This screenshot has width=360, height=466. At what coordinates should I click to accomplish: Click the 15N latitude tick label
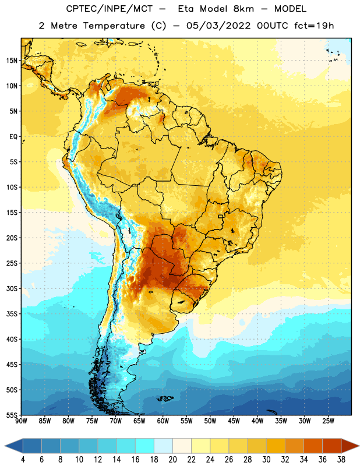tap(12, 61)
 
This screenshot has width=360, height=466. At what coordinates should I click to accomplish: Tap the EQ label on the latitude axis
tap(13, 137)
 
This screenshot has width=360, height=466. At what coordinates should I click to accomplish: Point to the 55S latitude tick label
tap(12, 415)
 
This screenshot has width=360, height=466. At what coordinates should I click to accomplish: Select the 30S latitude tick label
tap(12, 288)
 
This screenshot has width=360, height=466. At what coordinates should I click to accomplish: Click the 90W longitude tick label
tap(21, 421)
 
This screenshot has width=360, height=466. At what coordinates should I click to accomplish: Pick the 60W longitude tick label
tap(163, 421)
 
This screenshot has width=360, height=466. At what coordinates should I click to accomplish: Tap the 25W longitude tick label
tap(328, 421)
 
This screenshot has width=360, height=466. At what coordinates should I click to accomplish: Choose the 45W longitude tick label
tap(234, 421)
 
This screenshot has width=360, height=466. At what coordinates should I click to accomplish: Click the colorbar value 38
tap(341, 460)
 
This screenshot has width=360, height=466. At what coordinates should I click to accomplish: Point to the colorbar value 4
tap(23, 460)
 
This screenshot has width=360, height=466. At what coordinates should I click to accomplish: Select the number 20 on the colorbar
tap(172, 460)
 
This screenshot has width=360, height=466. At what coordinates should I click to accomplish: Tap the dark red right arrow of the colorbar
tap(350, 446)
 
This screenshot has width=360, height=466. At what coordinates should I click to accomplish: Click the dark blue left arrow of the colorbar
tap(13, 446)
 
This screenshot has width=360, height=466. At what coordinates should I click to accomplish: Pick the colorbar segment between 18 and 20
tap(163, 446)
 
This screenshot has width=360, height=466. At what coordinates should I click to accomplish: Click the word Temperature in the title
tap(114, 26)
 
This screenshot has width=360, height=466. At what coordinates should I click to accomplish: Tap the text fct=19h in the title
tap(314, 26)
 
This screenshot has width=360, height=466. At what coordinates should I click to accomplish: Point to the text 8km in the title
tap(243, 9)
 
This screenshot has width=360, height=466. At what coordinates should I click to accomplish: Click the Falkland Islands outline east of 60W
tap(165, 398)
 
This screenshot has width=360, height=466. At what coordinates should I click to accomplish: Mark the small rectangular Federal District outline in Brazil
tap(221, 216)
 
